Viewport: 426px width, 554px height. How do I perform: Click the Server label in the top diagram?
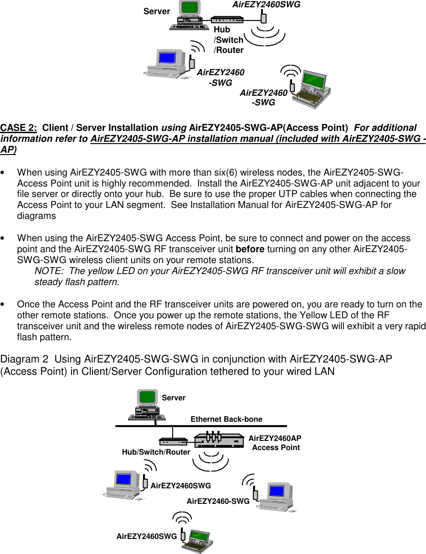pyautogui.click(x=157, y=11)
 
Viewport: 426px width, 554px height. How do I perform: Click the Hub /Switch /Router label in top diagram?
pyautogui.click(x=229, y=40)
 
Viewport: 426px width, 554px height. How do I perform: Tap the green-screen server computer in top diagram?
pyautogui.click(x=188, y=16)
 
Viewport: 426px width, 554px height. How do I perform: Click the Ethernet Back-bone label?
pyautogui.click(x=226, y=419)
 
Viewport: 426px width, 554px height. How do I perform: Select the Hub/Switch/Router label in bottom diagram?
pyautogui.click(x=156, y=452)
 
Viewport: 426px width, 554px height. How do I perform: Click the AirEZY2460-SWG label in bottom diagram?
pyautogui.click(x=218, y=502)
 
